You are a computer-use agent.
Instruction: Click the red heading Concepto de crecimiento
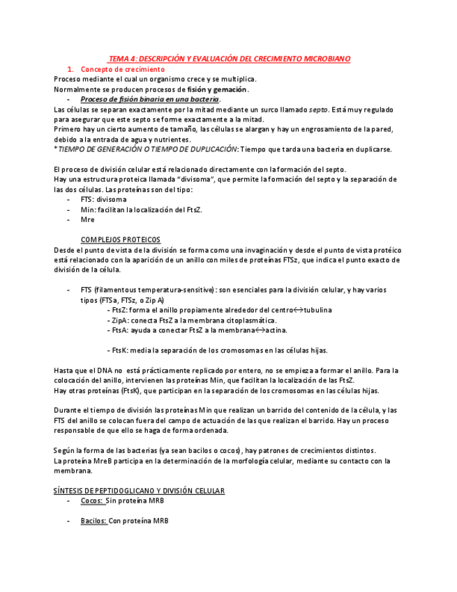coord(123,70)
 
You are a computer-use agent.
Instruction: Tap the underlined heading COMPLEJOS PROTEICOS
coord(120,239)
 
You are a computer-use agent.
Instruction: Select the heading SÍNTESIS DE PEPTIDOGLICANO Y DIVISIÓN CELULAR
coord(139,491)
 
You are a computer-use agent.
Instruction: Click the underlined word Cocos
coord(91,501)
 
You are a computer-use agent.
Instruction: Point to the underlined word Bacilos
coord(93,521)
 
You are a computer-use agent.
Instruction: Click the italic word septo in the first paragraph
coord(318,110)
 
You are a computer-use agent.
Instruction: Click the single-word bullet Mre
coord(87,219)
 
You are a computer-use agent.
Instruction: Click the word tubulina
coord(317,310)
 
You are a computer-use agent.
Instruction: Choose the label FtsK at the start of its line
coord(119,350)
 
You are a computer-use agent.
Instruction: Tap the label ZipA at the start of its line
coord(119,320)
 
